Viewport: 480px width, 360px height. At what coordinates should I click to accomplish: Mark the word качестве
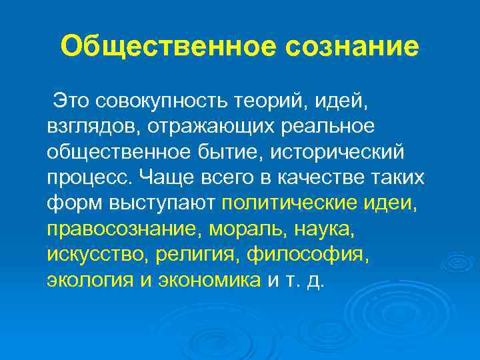tap(313, 179)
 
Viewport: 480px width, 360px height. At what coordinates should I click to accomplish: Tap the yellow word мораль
tap(246, 229)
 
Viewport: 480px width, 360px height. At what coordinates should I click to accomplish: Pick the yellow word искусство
tap(96, 255)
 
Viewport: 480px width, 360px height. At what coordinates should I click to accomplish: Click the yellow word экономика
tap(210, 280)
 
